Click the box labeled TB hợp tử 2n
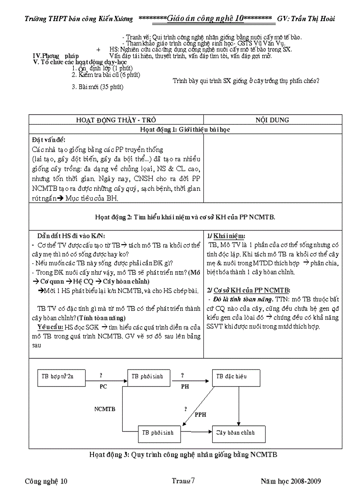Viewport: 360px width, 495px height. (x=61, y=377)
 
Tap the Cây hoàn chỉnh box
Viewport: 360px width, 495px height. (x=239, y=433)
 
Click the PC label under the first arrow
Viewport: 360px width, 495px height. (x=103, y=386)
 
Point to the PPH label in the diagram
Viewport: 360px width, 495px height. (x=201, y=415)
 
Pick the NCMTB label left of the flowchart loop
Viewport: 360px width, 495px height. (x=105, y=409)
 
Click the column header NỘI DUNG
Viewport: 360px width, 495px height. (x=272, y=120)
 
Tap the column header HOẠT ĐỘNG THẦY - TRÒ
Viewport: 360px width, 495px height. (x=116, y=120)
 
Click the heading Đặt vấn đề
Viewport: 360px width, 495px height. (x=49, y=140)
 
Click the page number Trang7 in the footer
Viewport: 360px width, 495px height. (x=183, y=481)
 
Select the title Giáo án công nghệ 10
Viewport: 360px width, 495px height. (x=205, y=19)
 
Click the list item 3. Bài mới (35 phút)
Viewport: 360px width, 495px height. (x=97, y=87)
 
